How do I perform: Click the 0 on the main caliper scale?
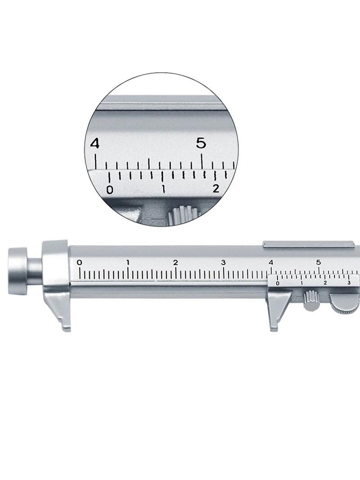point(80,263)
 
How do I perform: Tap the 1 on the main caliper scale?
point(128,263)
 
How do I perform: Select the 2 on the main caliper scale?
point(175,263)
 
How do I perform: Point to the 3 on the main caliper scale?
point(224,263)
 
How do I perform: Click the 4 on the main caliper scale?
point(271,263)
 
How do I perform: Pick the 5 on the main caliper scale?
point(319,263)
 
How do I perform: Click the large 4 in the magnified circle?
point(95,144)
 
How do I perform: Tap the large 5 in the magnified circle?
point(201,143)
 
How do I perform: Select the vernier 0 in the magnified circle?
point(110,190)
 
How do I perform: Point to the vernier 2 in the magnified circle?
point(216,189)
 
